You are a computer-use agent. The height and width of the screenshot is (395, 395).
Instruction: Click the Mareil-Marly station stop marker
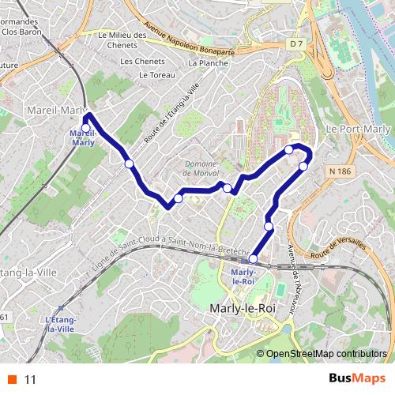pyautogui.click(x=85, y=128)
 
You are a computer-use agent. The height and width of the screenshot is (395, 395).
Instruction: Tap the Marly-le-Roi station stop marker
pyautogui.click(x=253, y=258)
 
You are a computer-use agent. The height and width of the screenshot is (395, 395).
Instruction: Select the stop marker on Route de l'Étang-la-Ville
pyautogui.click(x=129, y=164)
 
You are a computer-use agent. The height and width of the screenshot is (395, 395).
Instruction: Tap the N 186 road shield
pyautogui.click(x=340, y=171)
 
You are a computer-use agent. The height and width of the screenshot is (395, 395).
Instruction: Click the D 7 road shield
pyautogui.click(x=296, y=44)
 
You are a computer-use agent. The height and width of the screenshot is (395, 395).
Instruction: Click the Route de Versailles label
pyautogui.click(x=340, y=247)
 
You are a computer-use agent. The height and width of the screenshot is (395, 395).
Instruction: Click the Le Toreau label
pyautogui.click(x=160, y=75)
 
